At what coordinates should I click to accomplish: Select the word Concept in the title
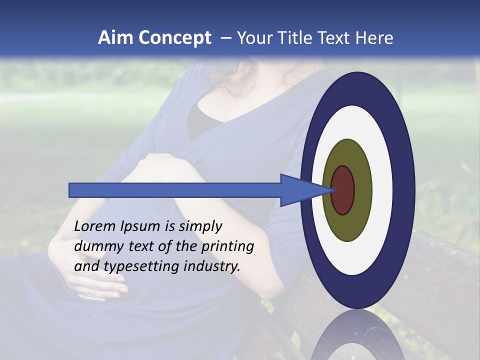[174, 38]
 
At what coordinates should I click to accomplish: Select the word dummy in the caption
[96, 246]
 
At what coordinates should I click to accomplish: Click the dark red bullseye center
[342, 190]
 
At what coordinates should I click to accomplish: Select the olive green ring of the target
[362, 190]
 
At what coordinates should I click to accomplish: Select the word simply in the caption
[200, 226]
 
